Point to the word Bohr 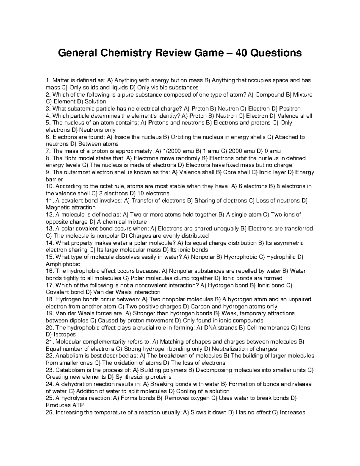click(69, 158)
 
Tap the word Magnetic click(57, 208)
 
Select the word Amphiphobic click(63, 264)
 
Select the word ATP click(78, 405)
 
